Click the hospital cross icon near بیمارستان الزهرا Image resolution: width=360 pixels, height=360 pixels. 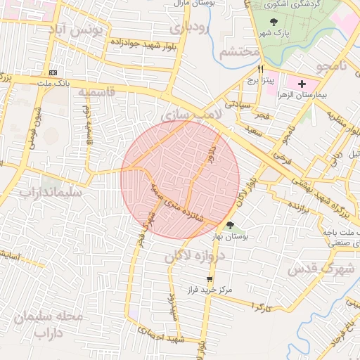[302, 84]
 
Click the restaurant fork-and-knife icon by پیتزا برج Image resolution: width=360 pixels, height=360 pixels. [260, 70]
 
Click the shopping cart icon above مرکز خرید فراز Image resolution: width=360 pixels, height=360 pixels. [209, 278]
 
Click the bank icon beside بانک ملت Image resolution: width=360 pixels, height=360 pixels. [53, 73]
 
